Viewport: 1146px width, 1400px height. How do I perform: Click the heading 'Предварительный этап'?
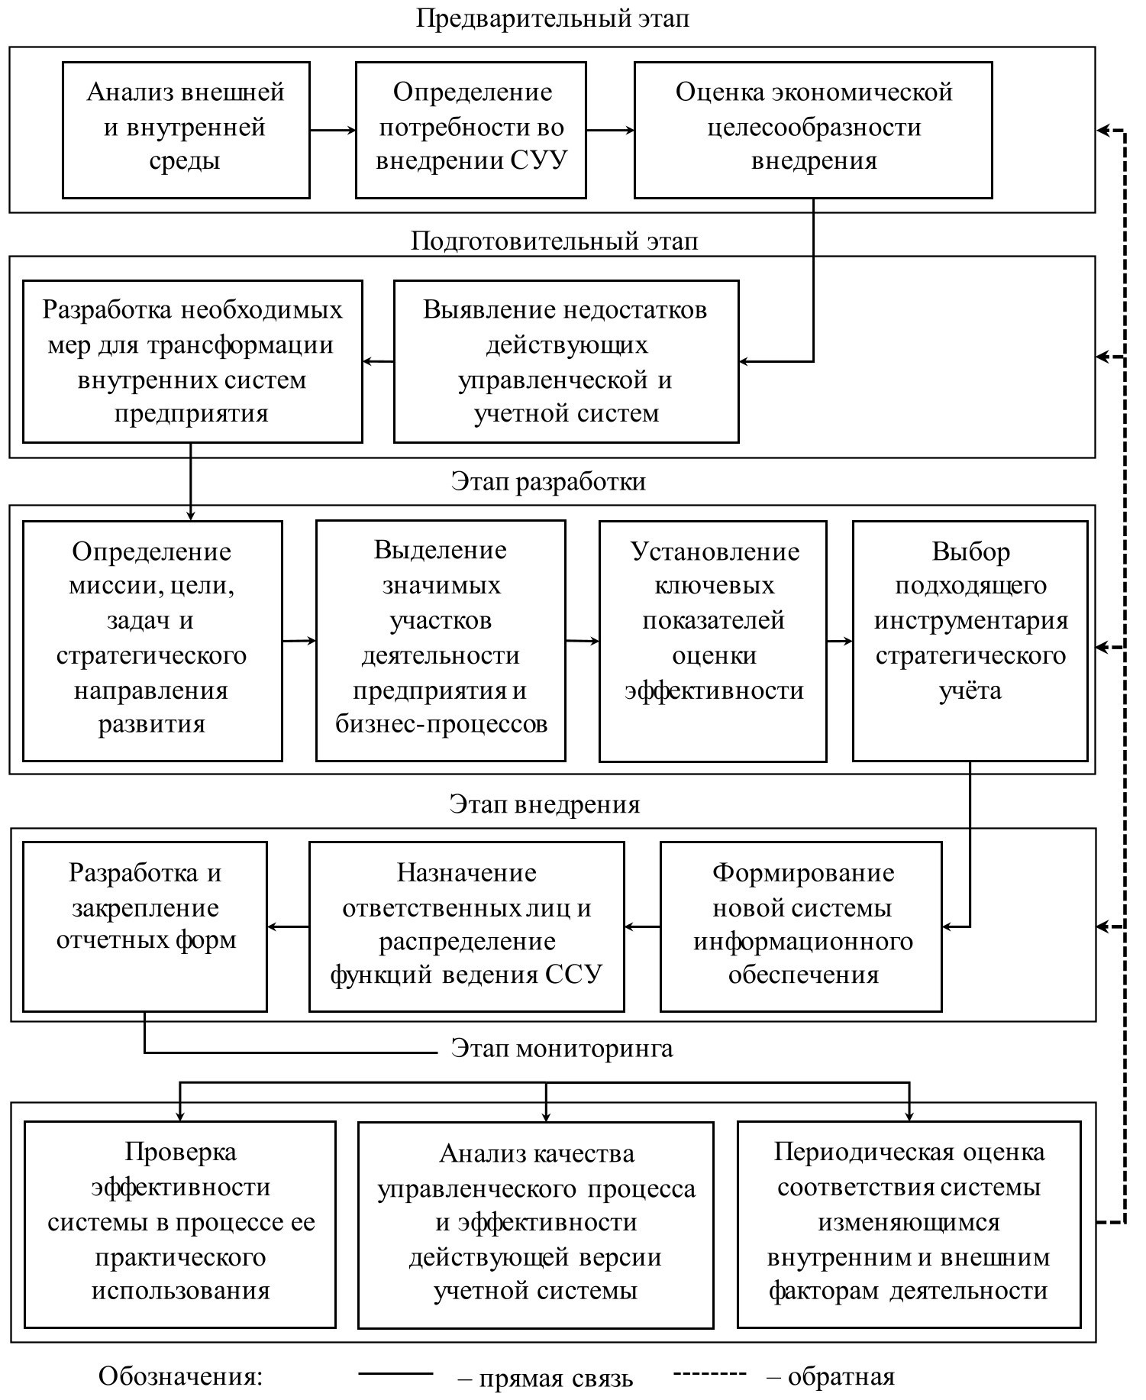[x=552, y=18]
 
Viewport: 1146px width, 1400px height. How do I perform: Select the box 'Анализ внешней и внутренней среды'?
[x=186, y=130]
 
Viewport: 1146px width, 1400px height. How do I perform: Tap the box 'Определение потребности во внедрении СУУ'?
[x=471, y=130]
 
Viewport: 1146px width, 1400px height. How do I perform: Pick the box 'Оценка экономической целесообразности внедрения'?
[x=813, y=130]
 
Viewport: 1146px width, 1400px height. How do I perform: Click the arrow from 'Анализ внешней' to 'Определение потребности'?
[x=333, y=131]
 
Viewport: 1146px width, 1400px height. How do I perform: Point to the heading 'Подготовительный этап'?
[x=554, y=241]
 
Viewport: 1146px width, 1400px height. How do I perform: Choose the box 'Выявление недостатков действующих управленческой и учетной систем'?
[x=566, y=361]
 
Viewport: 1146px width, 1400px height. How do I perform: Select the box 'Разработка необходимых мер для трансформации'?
[x=192, y=361]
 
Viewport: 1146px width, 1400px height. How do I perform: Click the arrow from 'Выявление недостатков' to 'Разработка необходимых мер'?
[x=379, y=361]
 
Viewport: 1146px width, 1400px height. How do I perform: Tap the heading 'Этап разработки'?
[x=548, y=482]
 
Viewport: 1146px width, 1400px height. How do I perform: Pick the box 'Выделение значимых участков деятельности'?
[x=441, y=640]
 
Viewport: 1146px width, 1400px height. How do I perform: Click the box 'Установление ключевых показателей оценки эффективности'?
[x=713, y=640]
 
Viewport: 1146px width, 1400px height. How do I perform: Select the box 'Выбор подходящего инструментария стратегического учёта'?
[x=970, y=640]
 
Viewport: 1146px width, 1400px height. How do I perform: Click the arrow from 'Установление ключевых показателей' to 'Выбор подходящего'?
[x=840, y=641]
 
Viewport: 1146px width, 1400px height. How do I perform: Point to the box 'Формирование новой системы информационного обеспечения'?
[x=801, y=926]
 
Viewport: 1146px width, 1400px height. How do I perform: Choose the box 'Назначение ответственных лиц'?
[x=466, y=926]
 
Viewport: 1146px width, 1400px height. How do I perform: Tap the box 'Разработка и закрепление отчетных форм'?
[x=145, y=926]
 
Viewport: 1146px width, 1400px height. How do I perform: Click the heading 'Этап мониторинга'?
[x=562, y=1049]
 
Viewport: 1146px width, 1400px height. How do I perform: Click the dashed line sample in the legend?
[x=709, y=1375]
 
